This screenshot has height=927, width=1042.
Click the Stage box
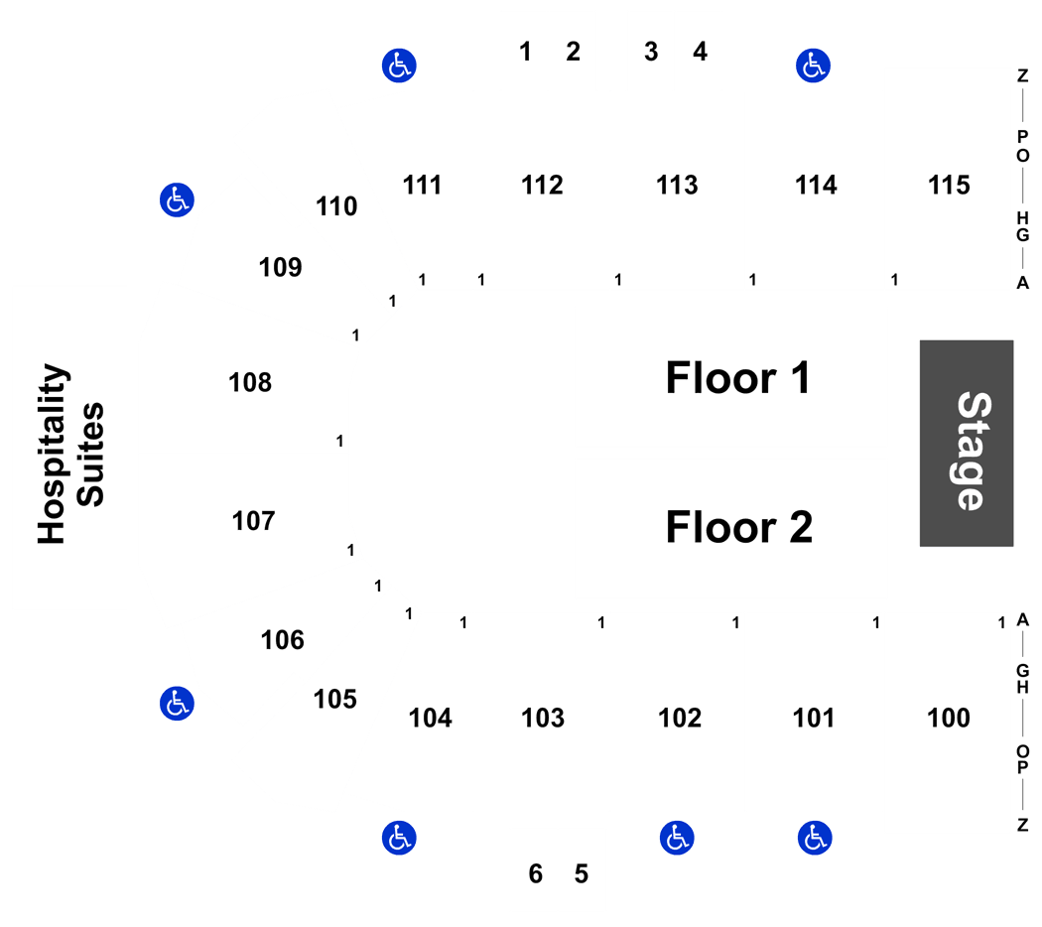click(966, 443)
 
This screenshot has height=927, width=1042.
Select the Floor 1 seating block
click(731, 377)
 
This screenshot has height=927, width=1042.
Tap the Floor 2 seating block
click(731, 528)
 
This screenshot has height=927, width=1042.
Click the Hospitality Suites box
click(69, 447)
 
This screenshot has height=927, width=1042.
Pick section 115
click(949, 185)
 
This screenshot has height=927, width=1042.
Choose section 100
click(949, 718)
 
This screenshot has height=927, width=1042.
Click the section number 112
click(542, 185)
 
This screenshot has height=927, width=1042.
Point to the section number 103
click(543, 718)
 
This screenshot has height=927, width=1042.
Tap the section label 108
click(250, 382)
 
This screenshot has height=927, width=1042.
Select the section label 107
click(253, 520)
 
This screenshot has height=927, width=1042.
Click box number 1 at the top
click(525, 52)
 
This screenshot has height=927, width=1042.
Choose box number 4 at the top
click(700, 52)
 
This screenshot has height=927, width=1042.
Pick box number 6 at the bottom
click(535, 873)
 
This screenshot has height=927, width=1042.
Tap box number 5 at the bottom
click(582, 873)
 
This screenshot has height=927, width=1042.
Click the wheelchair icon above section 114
click(814, 66)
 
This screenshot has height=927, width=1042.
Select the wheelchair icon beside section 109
click(177, 200)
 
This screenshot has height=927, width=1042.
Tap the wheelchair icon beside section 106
click(177, 704)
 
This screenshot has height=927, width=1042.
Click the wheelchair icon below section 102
click(677, 838)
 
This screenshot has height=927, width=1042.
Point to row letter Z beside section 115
click(1022, 74)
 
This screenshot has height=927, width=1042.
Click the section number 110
click(336, 206)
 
